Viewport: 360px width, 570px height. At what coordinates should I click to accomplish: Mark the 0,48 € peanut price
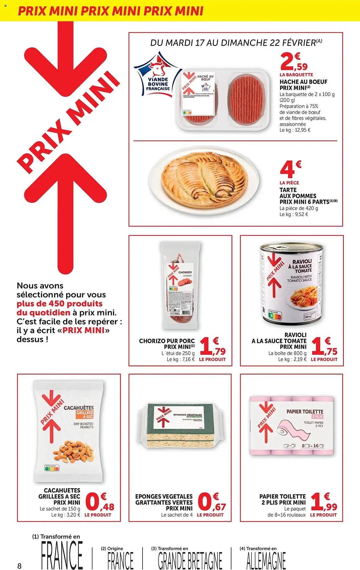point(99,502)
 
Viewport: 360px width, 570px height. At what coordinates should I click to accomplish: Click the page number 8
point(19,566)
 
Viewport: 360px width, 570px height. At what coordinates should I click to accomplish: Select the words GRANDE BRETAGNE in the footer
point(190,560)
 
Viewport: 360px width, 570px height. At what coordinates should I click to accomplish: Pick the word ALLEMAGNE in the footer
point(266,560)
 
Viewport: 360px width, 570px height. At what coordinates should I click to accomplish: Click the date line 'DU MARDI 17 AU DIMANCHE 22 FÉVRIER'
point(236,43)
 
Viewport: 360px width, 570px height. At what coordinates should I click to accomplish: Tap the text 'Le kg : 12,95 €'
point(295,130)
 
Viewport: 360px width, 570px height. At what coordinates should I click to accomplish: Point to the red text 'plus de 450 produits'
point(60,304)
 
